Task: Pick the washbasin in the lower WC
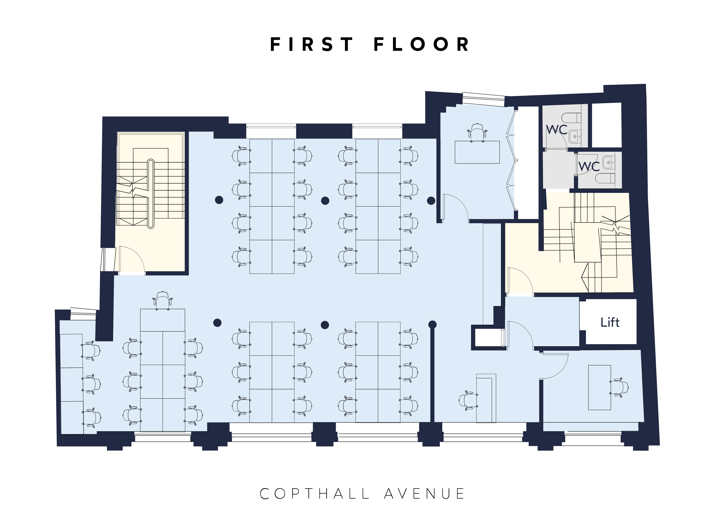click(x=608, y=163)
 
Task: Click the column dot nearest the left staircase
click(x=219, y=200)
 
